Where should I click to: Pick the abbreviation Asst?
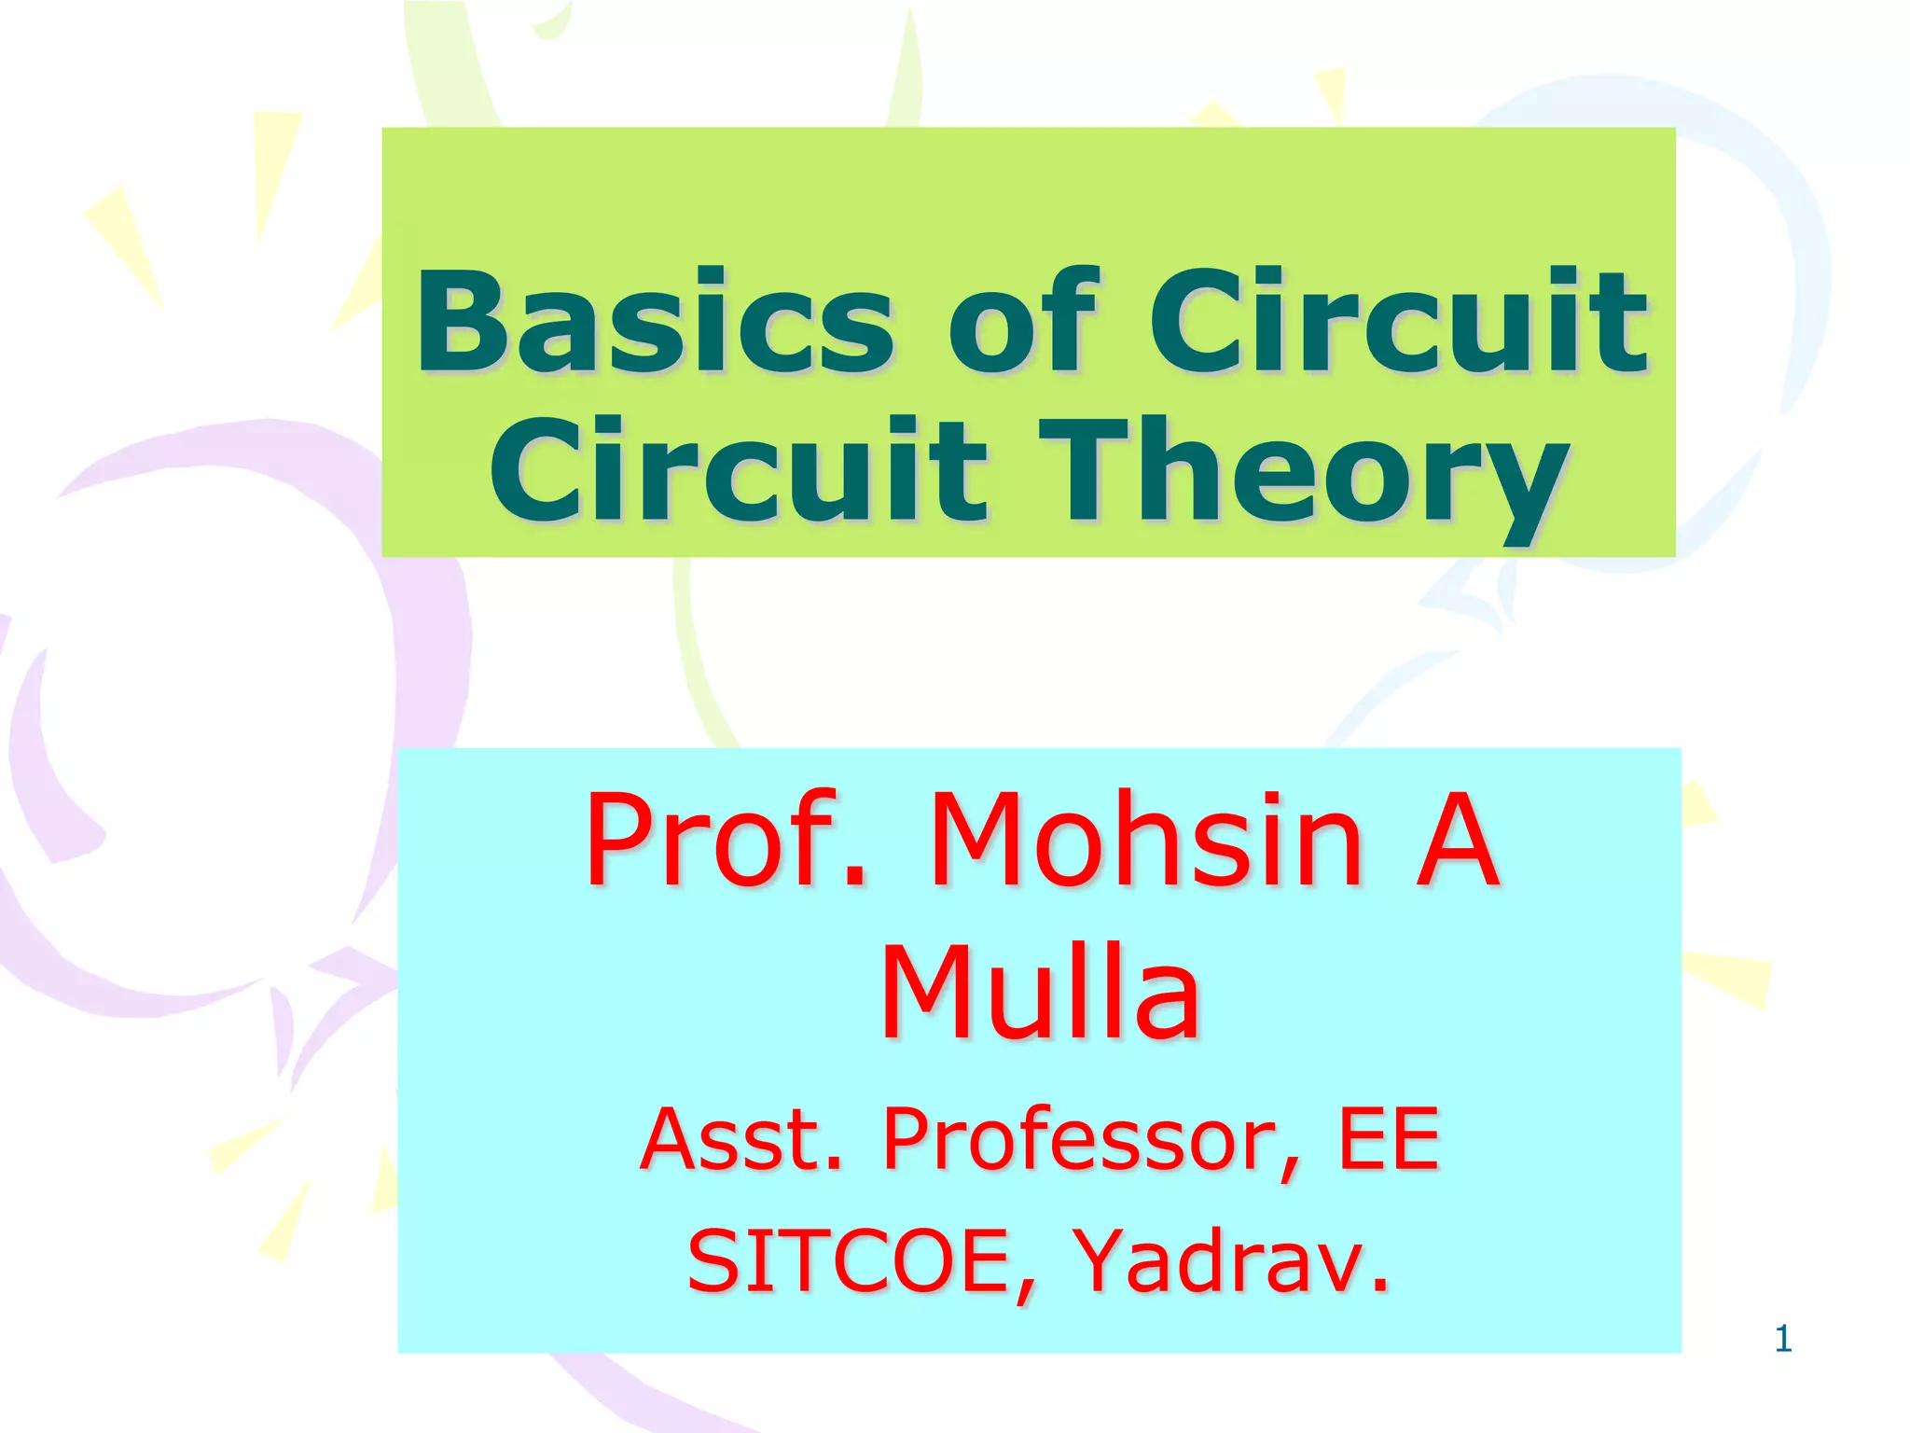tap(741, 1139)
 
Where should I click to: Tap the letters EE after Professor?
tap(1389, 1139)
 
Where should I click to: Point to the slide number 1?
tap(1783, 1339)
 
